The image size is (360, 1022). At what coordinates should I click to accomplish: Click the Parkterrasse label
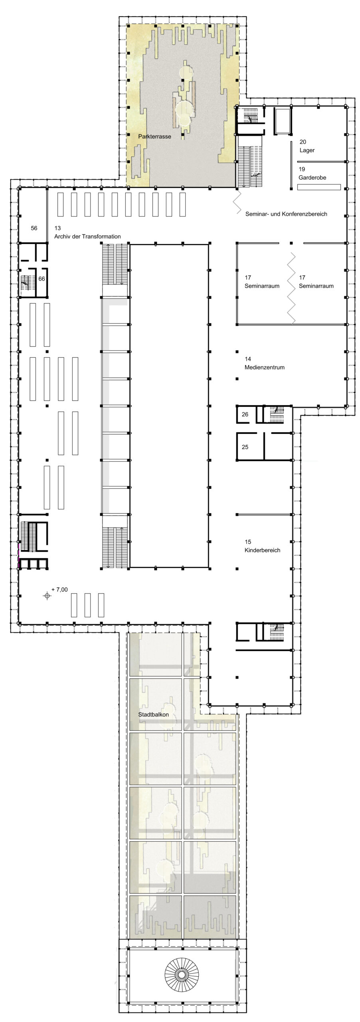click(x=154, y=137)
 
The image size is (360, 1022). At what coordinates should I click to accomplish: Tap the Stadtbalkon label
click(x=153, y=714)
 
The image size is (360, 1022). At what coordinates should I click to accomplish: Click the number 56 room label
click(x=34, y=228)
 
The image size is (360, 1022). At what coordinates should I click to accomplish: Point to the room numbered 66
click(x=42, y=279)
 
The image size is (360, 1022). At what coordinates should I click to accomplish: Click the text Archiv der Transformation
click(x=87, y=236)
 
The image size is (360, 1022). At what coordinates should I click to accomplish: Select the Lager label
click(x=307, y=150)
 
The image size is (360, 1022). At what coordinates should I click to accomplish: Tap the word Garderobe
click(x=312, y=178)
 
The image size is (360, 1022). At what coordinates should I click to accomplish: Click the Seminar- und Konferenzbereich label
click(x=286, y=214)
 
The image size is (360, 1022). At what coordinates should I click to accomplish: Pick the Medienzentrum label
click(x=265, y=367)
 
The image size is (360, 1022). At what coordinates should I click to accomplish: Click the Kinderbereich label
click(x=262, y=550)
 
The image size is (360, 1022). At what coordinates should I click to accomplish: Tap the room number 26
click(x=245, y=414)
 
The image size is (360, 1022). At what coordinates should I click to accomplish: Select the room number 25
click(x=245, y=447)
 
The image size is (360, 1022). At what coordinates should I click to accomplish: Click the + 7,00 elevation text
click(x=59, y=589)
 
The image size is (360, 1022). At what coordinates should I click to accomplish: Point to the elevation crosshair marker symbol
click(x=47, y=596)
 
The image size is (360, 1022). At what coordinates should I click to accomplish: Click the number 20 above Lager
click(x=303, y=142)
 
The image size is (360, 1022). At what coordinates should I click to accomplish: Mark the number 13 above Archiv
click(x=57, y=228)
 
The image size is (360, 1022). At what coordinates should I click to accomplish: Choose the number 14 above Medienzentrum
click(x=248, y=359)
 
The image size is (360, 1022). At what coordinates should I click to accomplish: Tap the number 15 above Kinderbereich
click(x=248, y=542)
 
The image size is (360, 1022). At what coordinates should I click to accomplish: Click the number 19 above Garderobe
click(x=302, y=169)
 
